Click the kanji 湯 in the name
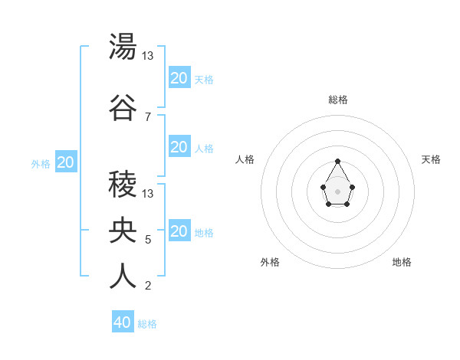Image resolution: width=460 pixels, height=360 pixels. pos(123,47)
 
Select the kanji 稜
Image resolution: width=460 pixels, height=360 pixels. pos(123,185)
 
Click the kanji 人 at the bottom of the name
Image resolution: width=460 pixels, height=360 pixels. pos(123,277)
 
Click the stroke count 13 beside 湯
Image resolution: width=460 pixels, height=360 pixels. pos(148,55)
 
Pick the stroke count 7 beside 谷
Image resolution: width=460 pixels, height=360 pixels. pos(148,116)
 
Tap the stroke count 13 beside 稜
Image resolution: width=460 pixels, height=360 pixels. pos(148,193)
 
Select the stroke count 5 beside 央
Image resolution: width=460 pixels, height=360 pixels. pos(148,240)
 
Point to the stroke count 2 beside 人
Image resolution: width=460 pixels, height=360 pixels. pos(148,286)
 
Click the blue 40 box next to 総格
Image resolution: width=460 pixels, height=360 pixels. pos(123,322)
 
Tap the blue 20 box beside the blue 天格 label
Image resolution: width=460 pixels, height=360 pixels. pos(179,77)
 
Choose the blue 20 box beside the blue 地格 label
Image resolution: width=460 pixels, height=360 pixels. pos(179,231)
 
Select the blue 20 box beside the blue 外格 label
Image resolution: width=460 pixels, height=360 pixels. pos(65,162)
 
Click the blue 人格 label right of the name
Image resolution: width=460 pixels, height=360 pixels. pos(204,148)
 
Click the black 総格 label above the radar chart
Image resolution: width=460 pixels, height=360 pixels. pos(338,100)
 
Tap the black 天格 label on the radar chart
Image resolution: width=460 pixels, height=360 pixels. pos(432,159)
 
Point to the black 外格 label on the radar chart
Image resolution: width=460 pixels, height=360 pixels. pos(270,262)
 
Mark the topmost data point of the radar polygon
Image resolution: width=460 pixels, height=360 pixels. pos(338,161)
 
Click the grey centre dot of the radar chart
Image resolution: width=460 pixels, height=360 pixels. pos(338,190)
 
